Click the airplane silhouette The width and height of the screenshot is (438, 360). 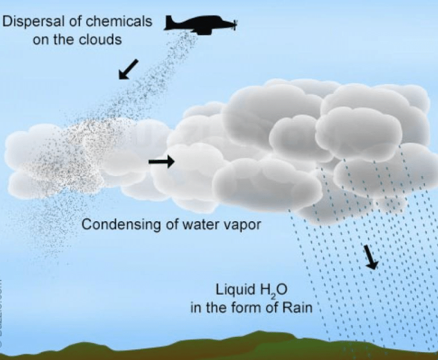pyautogui.click(x=200, y=25)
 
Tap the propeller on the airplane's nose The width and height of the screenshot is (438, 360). pyautogui.click(x=236, y=25)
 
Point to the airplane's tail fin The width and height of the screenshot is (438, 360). pyautogui.click(x=170, y=20)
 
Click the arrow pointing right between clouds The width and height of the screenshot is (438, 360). pyautogui.click(x=161, y=161)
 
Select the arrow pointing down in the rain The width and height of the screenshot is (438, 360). pyautogui.click(x=370, y=256)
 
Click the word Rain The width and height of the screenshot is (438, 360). pyautogui.click(x=290, y=308)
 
